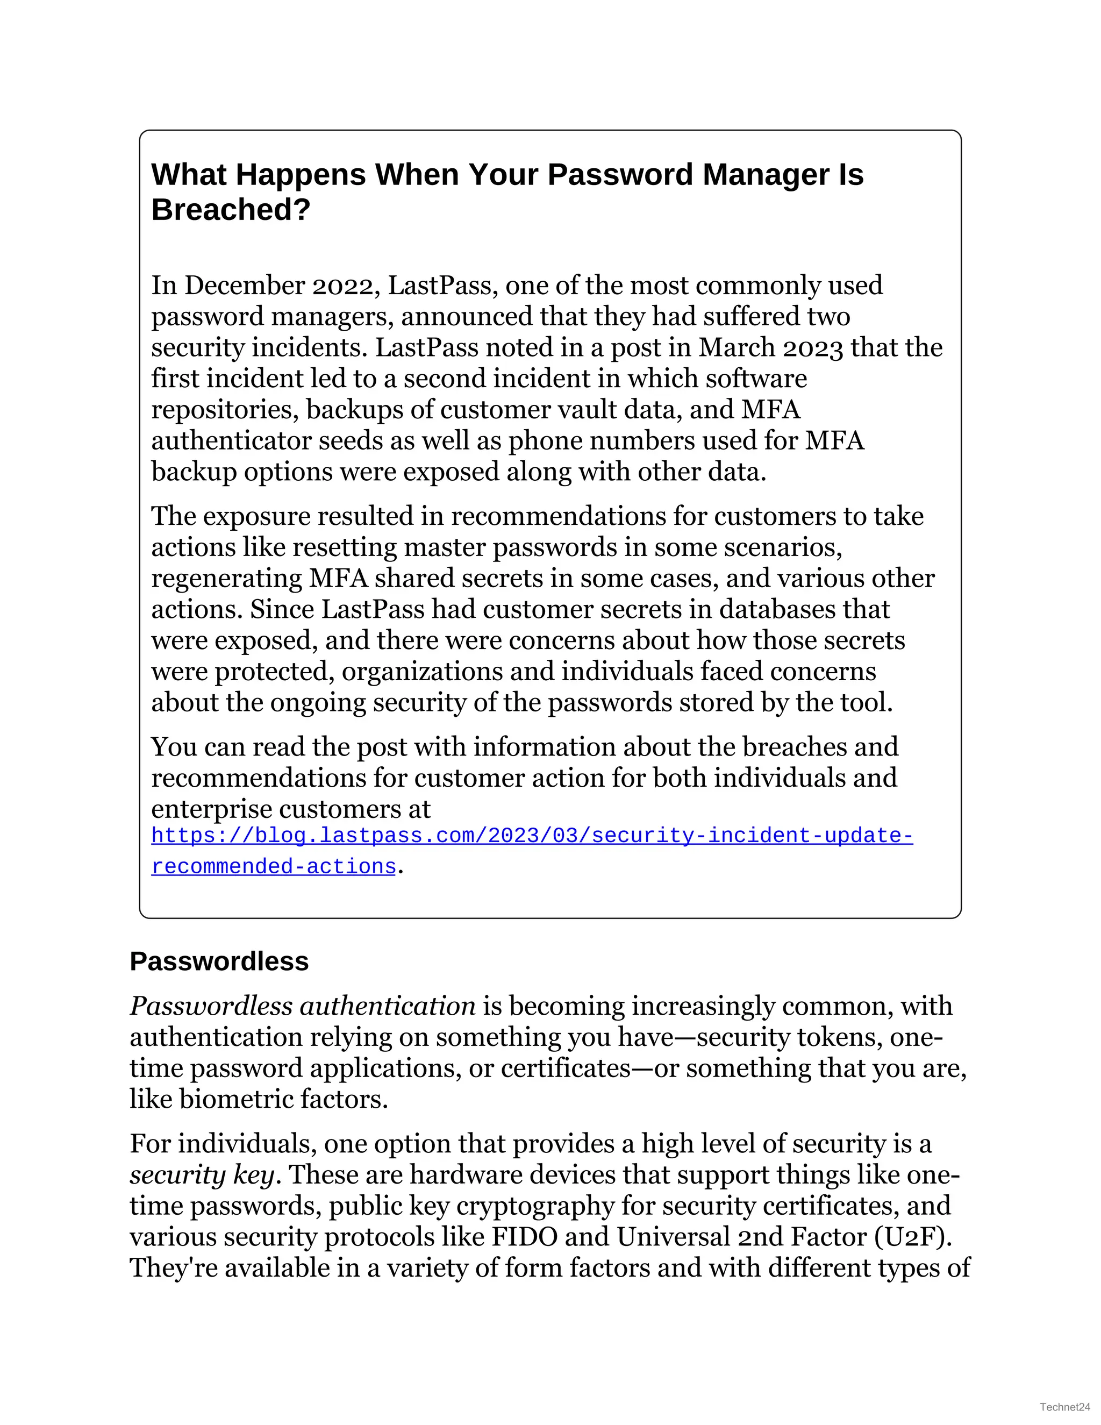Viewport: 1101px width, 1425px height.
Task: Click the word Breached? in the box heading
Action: pos(230,210)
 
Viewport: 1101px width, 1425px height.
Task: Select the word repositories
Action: pos(225,410)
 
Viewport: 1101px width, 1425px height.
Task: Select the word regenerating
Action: pos(226,579)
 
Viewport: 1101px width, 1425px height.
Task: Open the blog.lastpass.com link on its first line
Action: pos(532,836)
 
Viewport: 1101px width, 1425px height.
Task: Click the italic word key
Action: pos(254,1175)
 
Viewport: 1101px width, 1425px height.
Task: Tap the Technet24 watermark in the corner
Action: pos(1064,1407)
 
